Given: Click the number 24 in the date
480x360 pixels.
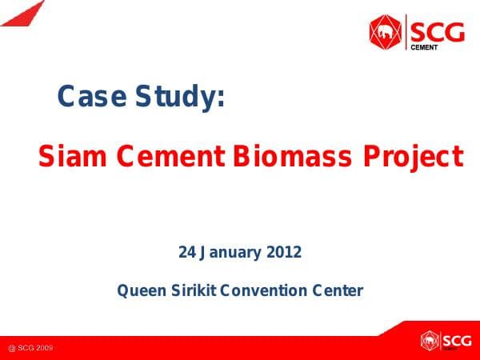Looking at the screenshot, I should pos(187,253).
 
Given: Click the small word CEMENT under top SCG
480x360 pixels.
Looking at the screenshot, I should pos(423,47).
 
